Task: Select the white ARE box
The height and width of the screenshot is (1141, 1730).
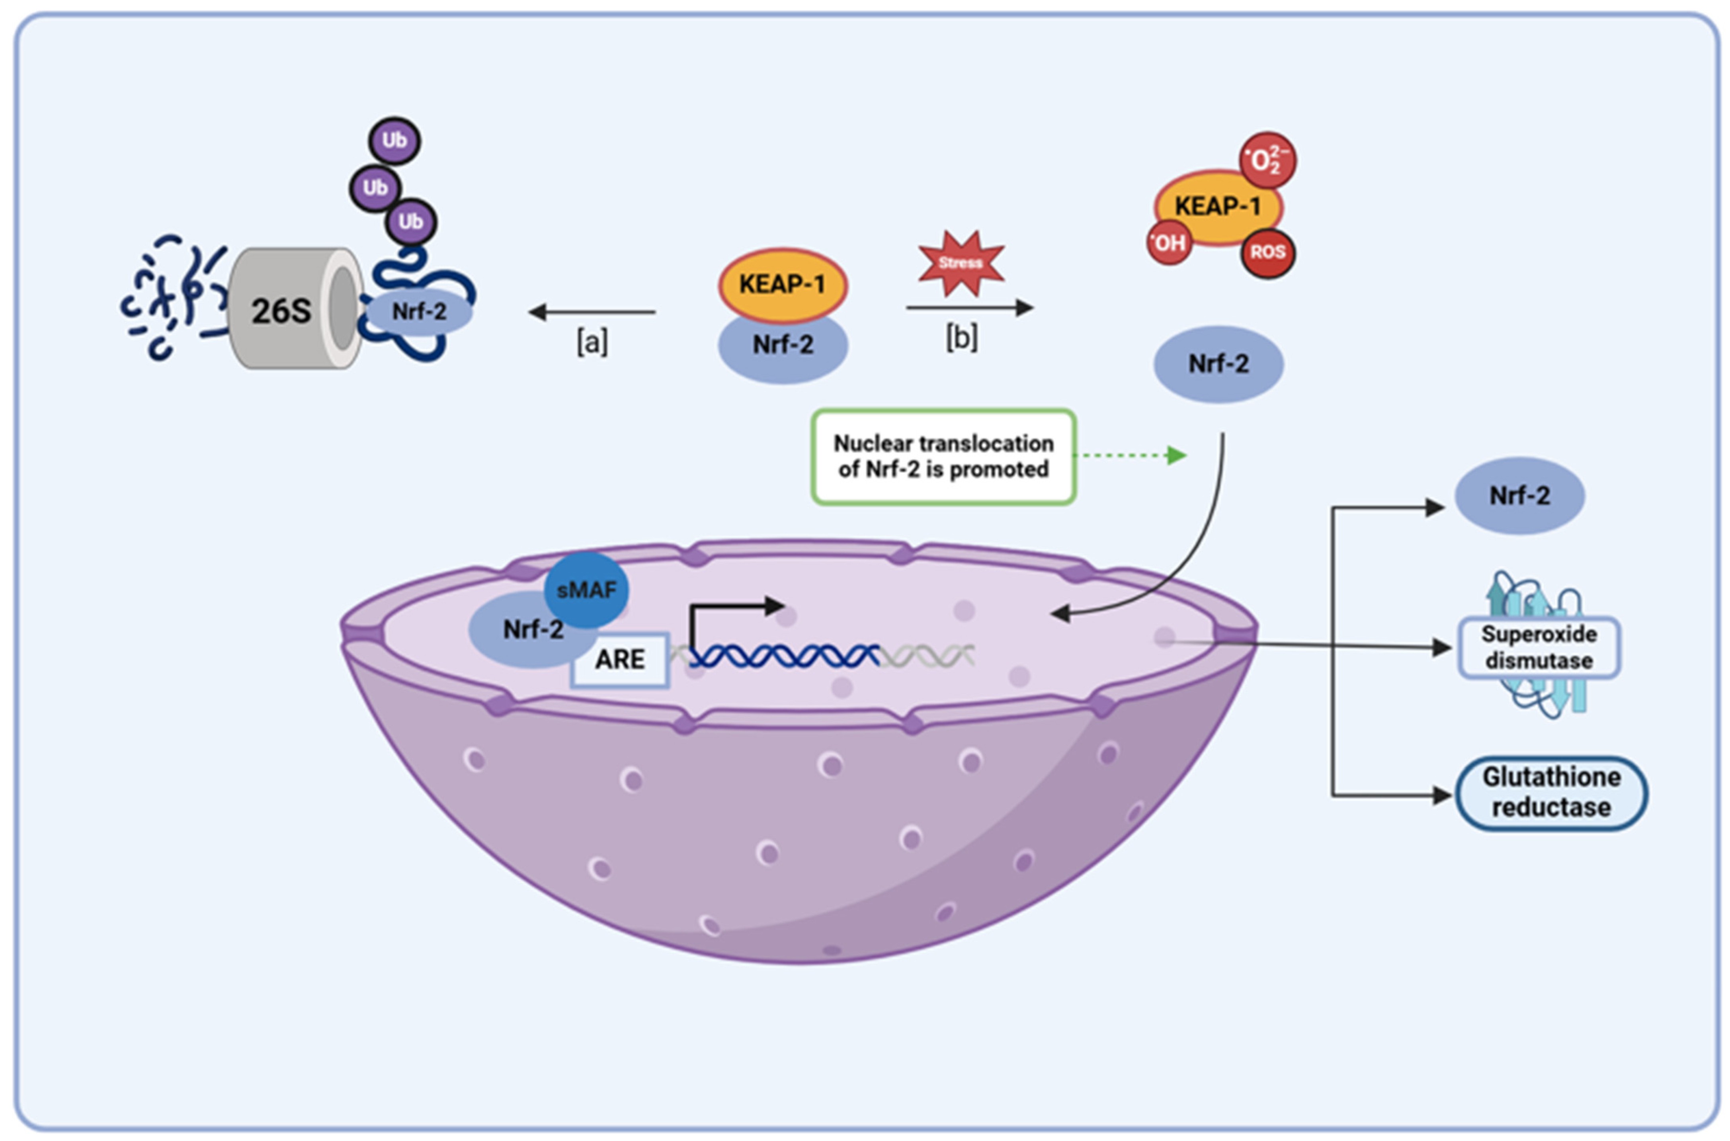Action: tap(619, 659)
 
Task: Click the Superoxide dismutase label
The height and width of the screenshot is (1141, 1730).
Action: tap(1539, 647)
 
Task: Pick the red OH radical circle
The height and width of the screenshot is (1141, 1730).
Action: tap(1168, 242)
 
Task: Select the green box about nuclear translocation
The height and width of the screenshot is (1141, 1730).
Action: tap(943, 456)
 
